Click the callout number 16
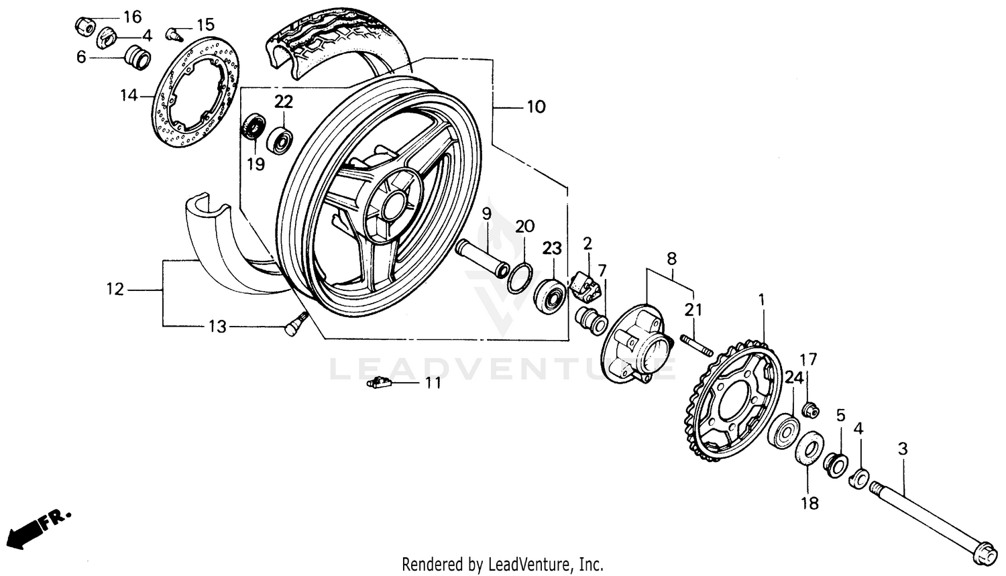[x=133, y=16]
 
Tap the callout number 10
[x=536, y=107]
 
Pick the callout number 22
[x=284, y=102]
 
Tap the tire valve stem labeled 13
[x=292, y=328]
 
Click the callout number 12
[x=115, y=290]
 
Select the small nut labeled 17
[x=810, y=408]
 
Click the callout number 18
[x=810, y=503]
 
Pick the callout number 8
[x=671, y=258]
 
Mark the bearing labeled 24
[x=785, y=430]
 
